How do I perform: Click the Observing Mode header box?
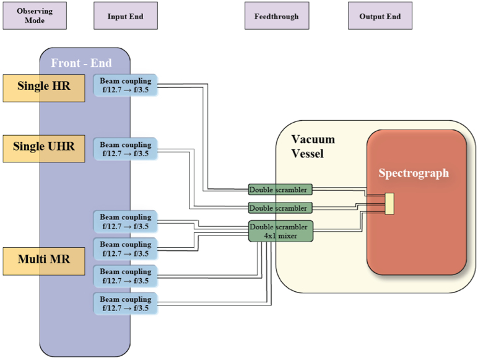point(35,15)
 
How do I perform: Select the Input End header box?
point(126,15)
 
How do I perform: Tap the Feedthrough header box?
point(277,15)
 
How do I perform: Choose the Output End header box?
point(380,15)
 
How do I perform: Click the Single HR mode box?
point(44,88)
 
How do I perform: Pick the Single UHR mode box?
point(44,149)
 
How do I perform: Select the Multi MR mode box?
point(44,261)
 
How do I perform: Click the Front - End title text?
point(81,63)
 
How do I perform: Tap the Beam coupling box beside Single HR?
point(125,85)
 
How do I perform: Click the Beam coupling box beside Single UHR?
point(125,149)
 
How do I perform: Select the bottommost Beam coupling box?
point(125,304)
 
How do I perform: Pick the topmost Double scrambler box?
point(280,190)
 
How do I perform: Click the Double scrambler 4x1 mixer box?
point(280,231)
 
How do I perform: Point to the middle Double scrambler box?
point(280,208)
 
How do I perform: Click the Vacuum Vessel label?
point(313,146)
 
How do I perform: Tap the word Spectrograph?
point(414,173)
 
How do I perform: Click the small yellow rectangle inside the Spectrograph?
point(389,203)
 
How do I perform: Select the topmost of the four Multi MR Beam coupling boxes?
point(125,221)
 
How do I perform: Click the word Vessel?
point(307,153)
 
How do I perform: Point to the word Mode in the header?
point(35,20)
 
